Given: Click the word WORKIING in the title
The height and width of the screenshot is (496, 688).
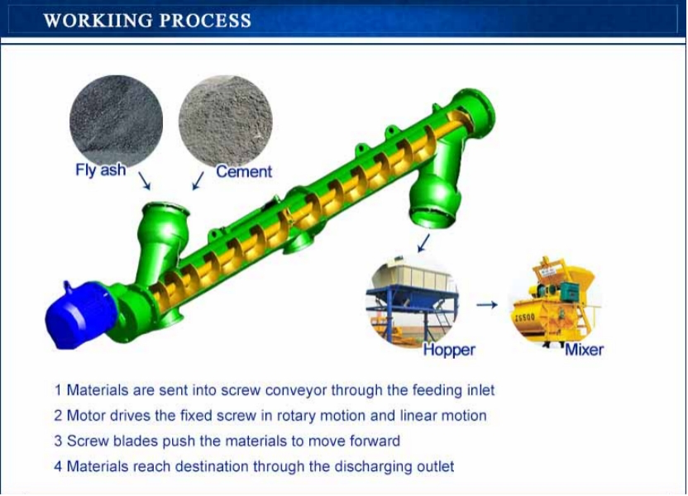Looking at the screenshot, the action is pyautogui.click(x=98, y=21).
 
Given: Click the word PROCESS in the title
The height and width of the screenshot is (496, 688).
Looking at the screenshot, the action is pyautogui.click(x=205, y=21).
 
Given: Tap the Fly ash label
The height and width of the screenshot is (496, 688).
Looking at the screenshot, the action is pyautogui.click(x=101, y=169).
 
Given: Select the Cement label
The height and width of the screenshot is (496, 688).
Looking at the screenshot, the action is pyautogui.click(x=244, y=171).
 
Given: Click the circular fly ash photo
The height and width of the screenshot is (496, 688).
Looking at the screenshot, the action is pyautogui.click(x=117, y=120).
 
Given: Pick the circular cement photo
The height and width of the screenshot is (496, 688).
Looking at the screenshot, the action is pyautogui.click(x=226, y=121).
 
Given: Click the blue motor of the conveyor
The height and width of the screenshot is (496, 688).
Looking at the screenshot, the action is pyautogui.click(x=80, y=313).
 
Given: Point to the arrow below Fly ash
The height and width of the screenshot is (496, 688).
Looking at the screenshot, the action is pyautogui.click(x=145, y=180).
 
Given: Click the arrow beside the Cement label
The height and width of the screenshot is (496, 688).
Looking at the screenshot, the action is pyautogui.click(x=198, y=181).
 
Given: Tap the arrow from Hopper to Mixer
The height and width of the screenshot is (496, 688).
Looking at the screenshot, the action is pyautogui.click(x=487, y=304).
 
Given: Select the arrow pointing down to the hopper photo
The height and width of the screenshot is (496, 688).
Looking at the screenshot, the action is pyautogui.click(x=423, y=243).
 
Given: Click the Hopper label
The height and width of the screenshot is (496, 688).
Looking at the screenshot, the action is pyautogui.click(x=449, y=350).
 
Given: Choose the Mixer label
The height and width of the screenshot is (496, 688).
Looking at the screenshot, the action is pyautogui.click(x=584, y=350).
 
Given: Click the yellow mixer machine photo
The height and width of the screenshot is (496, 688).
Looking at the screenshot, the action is pyautogui.click(x=555, y=302).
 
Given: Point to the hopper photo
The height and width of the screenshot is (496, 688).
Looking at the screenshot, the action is pyautogui.click(x=413, y=302).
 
